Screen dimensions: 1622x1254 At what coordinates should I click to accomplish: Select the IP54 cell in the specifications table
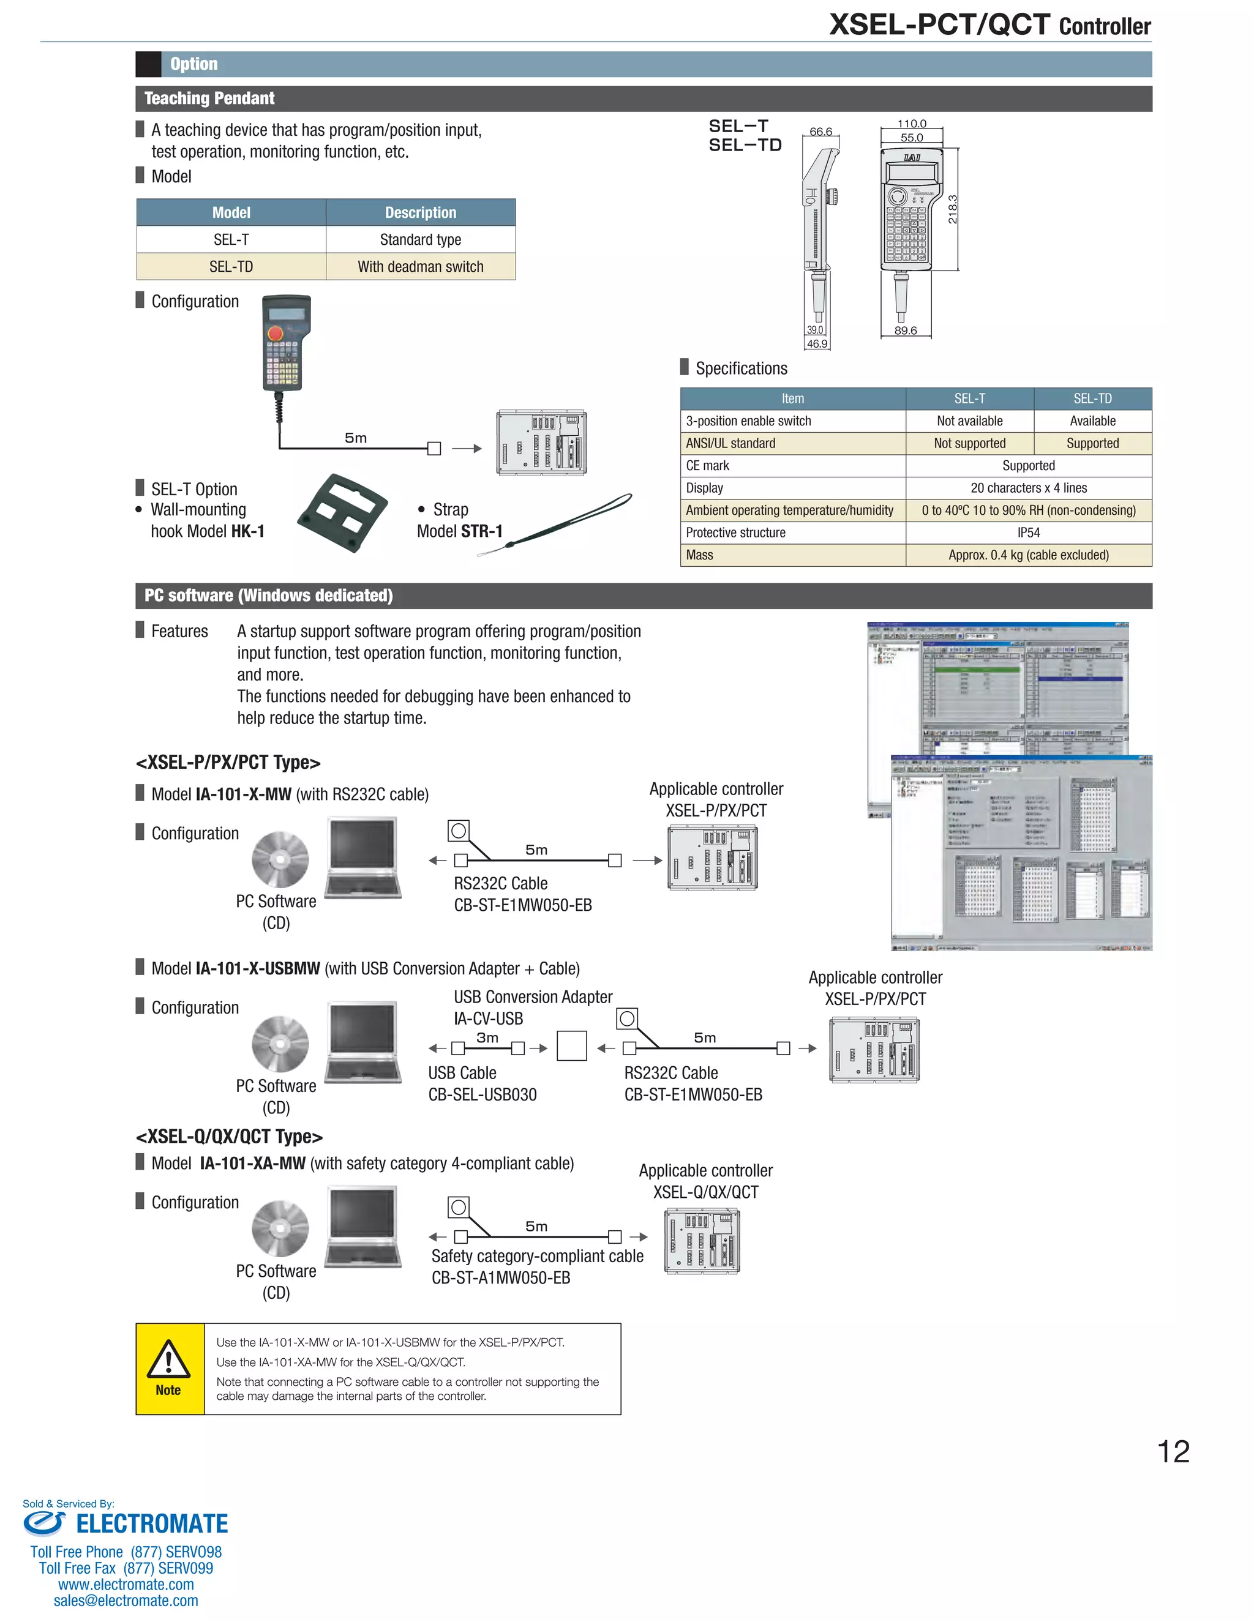pyautogui.click(x=1028, y=533)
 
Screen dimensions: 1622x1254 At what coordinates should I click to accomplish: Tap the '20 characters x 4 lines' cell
pyautogui.click(x=1028, y=488)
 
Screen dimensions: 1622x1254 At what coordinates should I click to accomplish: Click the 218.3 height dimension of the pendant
pyautogui.click(x=953, y=209)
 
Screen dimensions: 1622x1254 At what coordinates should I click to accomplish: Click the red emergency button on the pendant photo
pyautogui.click(x=275, y=334)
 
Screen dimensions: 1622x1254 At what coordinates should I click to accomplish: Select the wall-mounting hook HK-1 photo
pyautogui.click(x=342, y=513)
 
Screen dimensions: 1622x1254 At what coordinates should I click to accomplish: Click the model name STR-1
pyautogui.click(x=481, y=532)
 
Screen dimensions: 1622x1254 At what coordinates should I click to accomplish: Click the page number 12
pyautogui.click(x=1173, y=1452)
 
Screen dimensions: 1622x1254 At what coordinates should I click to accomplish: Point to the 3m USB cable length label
pyautogui.click(x=487, y=1037)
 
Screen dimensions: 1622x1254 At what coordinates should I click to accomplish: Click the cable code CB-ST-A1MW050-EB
pyautogui.click(x=501, y=1278)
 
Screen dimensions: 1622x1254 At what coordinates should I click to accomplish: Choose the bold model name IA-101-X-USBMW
pyautogui.click(x=258, y=969)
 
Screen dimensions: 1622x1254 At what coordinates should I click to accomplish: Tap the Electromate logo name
pyautogui.click(x=152, y=1524)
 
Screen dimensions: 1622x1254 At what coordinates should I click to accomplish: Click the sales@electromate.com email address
pyautogui.click(x=126, y=1601)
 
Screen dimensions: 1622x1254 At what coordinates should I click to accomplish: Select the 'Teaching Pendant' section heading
pyautogui.click(x=209, y=99)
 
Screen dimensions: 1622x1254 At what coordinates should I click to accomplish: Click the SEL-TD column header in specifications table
pyautogui.click(x=1092, y=399)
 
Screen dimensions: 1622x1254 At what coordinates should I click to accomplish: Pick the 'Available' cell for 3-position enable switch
pyautogui.click(x=1092, y=421)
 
